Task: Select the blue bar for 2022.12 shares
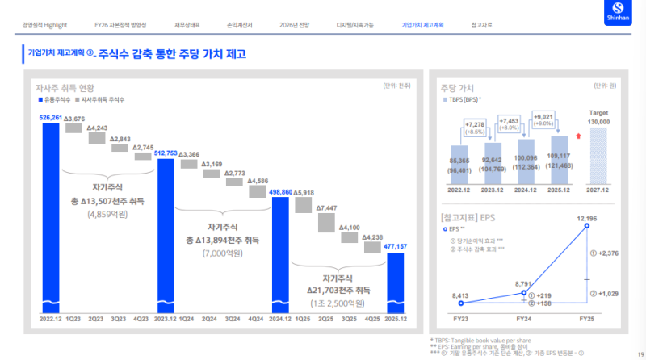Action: [51, 218]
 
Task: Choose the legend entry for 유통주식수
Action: [54, 101]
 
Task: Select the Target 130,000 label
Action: [598, 118]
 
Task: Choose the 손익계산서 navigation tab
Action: [237, 25]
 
